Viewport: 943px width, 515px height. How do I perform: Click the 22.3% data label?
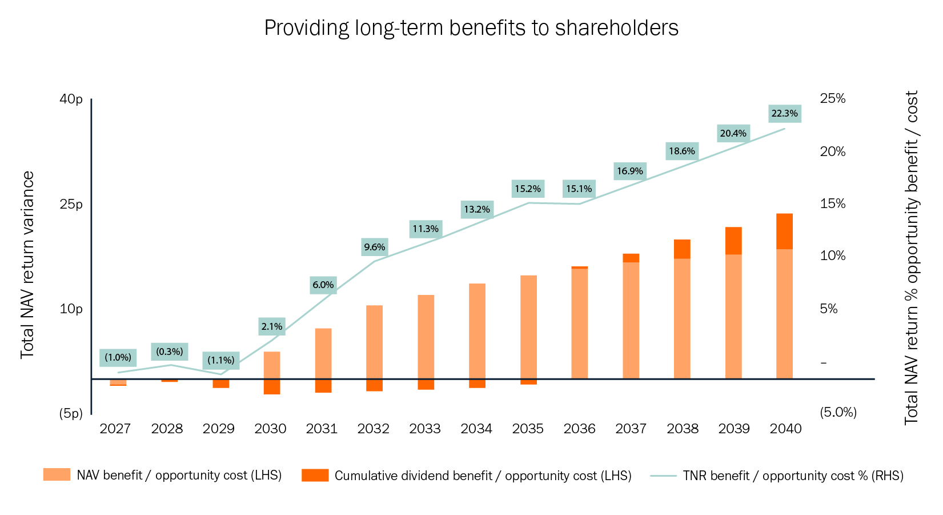click(784, 114)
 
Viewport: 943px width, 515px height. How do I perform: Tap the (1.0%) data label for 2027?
click(118, 358)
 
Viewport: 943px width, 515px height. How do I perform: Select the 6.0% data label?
click(323, 285)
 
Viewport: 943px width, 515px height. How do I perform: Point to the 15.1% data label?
click(579, 189)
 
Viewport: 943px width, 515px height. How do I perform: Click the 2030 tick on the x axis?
click(270, 429)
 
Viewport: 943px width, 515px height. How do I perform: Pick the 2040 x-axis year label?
click(785, 429)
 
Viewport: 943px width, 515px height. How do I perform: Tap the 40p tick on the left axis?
click(71, 99)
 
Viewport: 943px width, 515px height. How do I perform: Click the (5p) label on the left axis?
click(71, 413)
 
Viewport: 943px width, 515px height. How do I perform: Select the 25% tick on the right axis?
click(832, 99)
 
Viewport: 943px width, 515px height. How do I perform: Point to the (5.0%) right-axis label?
click(838, 412)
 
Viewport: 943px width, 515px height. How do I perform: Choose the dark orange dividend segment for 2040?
click(784, 231)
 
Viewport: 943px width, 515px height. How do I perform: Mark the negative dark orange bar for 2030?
click(272, 386)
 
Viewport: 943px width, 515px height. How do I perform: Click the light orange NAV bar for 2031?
click(323, 353)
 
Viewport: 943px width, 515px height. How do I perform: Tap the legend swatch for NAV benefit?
click(57, 475)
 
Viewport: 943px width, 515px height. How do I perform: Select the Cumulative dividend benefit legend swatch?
click(315, 475)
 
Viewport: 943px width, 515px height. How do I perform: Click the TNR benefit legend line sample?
click(663, 476)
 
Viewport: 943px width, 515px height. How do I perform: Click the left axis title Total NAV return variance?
click(27, 265)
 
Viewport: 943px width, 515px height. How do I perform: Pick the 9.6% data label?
click(374, 247)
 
